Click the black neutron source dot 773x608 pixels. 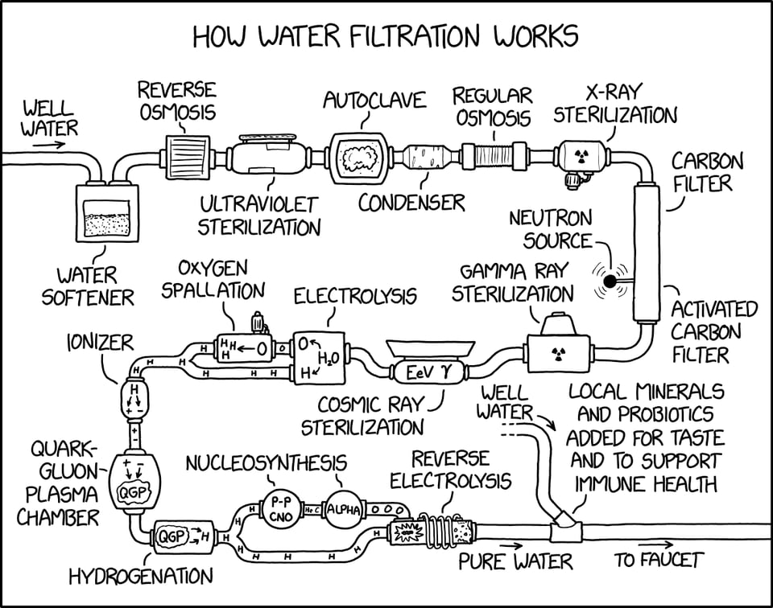611,281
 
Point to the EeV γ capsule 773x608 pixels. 418,373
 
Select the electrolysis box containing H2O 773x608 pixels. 318,356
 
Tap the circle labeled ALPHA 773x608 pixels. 344,507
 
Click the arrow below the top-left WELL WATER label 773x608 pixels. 50,146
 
